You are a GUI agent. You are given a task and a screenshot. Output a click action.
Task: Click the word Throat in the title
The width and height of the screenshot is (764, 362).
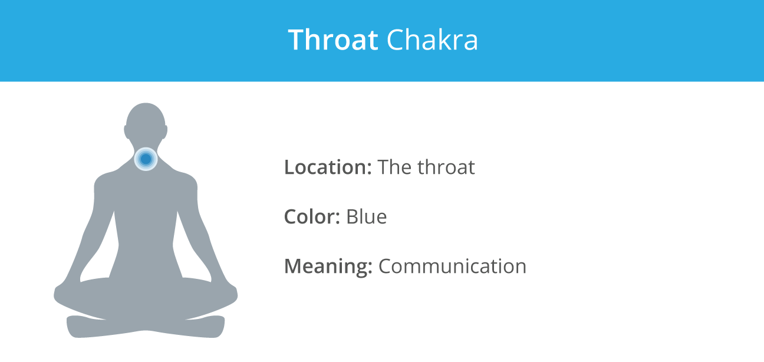point(333,40)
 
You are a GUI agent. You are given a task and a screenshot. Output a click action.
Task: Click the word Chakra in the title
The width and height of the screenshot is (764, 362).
point(432,40)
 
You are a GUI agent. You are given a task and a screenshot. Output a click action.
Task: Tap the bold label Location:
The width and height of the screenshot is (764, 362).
point(328,167)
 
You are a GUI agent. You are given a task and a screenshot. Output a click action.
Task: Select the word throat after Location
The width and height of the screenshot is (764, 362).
point(446,167)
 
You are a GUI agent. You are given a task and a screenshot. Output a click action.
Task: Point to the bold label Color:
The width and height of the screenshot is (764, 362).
point(312,216)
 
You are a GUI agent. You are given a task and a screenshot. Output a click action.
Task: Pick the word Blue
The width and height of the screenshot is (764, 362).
point(367,216)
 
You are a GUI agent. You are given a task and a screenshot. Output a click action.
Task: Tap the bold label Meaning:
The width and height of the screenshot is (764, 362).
point(328,266)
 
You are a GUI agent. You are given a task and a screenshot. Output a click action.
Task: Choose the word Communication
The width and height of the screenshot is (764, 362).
point(453,266)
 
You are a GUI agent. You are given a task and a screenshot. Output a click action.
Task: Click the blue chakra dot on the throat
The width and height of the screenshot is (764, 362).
point(146,159)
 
